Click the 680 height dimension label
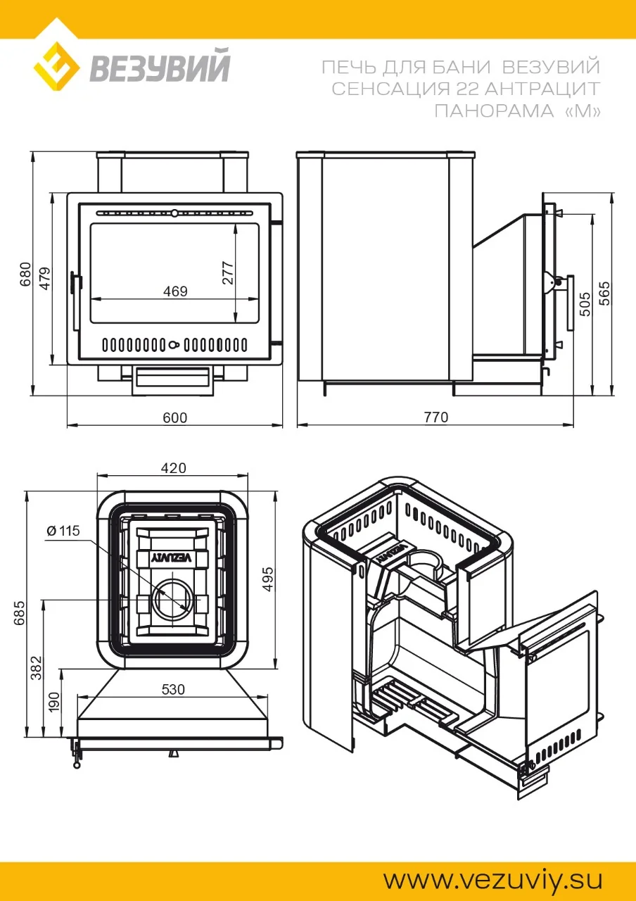coord(25,274)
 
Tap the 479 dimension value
coord(46,278)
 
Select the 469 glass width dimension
coord(175,291)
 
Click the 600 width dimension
coord(175,418)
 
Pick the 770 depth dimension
coord(435,417)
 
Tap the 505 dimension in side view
coord(585,304)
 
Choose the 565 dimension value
coord(604,294)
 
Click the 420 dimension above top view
coord(174,468)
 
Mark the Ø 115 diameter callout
coord(63,531)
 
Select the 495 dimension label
coord(267,579)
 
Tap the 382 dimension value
coord(36,668)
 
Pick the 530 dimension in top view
coord(173,689)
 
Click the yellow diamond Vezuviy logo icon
coord(57,66)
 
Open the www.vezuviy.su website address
coord(493,879)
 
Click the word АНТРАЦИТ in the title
coord(542,89)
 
